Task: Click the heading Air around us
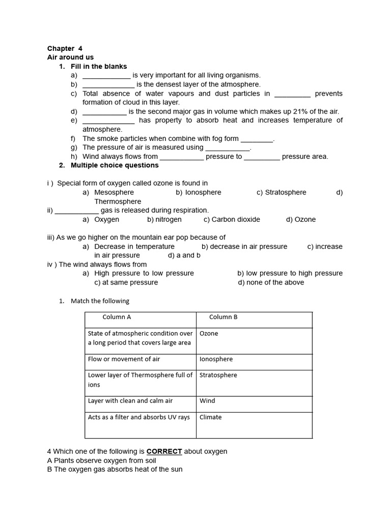pyautogui.click(x=70, y=57)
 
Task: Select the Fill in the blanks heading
pyautogui.click(x=99, y=67)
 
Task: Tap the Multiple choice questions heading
pyautogui.click(x=115, y=165)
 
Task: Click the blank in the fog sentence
pyautogui.click(x=257, y=139)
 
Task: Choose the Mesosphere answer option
pyautogui.click(x=114, y=192)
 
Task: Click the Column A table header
pyautogui.click(x=117, y=317)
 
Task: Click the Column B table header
pyautogui.click(x=223, y=317)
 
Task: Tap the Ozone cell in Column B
pyautogui.click(x=209, y=334)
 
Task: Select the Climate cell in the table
pyautogui.click(x=210, y=417)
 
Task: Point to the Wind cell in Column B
pyautogui.click(x=207, y=401)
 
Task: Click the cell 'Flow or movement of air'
pyautogui.click(x=124, y=359)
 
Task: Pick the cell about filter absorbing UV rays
pyautogui.click(x=138, y=417)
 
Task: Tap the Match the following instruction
pyautogui.click(x=100, y=301)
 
